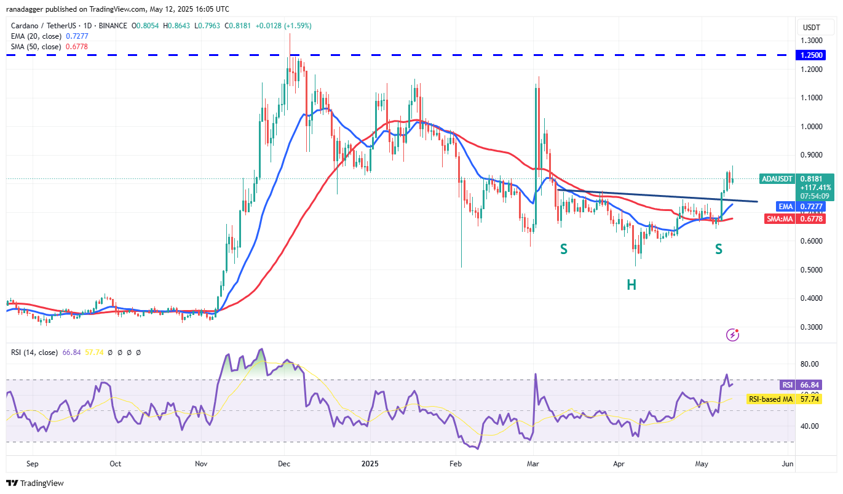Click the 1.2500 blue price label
(812, 55)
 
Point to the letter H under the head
(631, 284)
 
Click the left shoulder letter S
(563, 249)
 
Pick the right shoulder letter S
(718, 249)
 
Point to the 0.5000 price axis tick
(812, 269)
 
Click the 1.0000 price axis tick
(812, 126)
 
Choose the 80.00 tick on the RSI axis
(809, 364)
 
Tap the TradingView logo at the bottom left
(35, 483)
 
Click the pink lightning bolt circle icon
(732, 335)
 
